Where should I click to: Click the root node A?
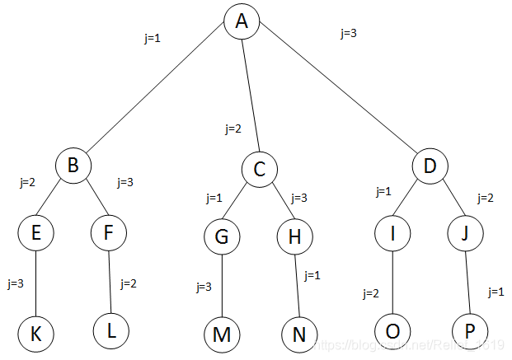click(x=242, y=21)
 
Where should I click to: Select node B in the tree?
click(x=73, y=166)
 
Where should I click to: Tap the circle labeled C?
click(x=259, y=171)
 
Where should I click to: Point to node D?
click(x=430, y=167)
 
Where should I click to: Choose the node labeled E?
click(x=36, y=233)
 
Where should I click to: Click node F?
click(x=109, y=233)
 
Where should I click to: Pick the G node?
click(x=222, y=236)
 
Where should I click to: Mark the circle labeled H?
click(x=294, y=236)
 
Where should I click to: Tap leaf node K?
click(x=36, y=334)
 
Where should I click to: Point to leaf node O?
click(x=392, y=332)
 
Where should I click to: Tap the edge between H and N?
click(x=297, y=285)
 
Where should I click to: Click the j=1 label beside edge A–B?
click(x=152, y=37)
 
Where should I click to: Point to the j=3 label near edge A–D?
click(x=348, y=34)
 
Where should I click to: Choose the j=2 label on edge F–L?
click(x=128, y=283)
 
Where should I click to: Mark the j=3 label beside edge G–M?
click(x=204, y=288)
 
